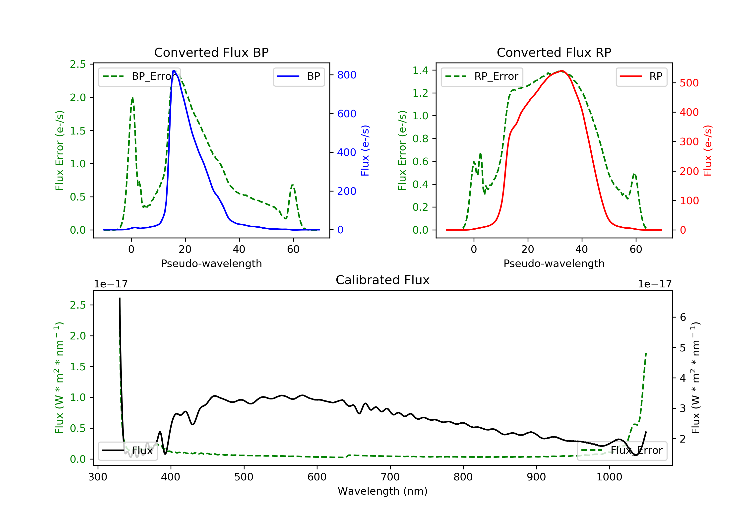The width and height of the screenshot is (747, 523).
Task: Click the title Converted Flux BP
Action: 211,52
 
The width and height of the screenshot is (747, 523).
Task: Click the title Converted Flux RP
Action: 554,52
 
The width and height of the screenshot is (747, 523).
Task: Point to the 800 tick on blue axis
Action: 347,75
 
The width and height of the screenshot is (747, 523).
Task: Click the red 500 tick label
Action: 689,83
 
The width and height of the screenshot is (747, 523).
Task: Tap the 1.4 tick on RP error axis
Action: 420,70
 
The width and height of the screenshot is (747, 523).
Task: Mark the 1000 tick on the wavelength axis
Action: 609,477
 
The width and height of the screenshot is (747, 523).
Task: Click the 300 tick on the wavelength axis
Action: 98,477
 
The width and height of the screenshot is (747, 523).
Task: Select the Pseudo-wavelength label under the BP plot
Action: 211,263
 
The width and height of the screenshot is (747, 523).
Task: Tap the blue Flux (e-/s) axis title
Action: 365,150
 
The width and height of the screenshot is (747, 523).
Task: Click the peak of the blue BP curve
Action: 174,71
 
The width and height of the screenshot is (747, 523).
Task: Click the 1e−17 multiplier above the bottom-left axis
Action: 111,284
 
